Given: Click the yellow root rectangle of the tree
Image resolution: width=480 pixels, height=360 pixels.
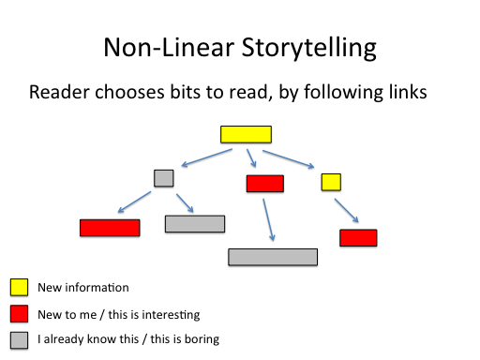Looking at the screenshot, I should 246,134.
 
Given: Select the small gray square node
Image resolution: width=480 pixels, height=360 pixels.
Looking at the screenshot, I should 164,177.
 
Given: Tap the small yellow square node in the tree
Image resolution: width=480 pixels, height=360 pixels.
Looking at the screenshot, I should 331,182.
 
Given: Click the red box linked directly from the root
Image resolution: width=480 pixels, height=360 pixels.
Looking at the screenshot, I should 265,184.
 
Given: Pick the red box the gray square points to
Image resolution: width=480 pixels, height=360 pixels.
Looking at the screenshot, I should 110,228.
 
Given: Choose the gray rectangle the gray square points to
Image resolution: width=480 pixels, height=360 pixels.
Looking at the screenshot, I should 195,224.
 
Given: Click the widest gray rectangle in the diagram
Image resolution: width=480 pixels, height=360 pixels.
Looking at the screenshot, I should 273,257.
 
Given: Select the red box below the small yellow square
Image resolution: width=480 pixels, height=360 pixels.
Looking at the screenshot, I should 358,238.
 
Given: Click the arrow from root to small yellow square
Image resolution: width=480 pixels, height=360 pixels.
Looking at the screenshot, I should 289,158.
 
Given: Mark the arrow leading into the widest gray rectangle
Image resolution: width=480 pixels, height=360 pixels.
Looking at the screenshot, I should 269,220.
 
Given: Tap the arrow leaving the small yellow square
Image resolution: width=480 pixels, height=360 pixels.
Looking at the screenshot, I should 346,209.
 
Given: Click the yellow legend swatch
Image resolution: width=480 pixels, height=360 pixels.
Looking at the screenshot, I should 19,288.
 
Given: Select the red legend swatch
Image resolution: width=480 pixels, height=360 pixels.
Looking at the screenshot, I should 19,314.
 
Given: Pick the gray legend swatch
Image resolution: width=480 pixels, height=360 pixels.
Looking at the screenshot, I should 19,339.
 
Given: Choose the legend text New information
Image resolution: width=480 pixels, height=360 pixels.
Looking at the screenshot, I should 82,288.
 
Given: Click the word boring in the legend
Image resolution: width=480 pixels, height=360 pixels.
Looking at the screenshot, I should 202,339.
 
